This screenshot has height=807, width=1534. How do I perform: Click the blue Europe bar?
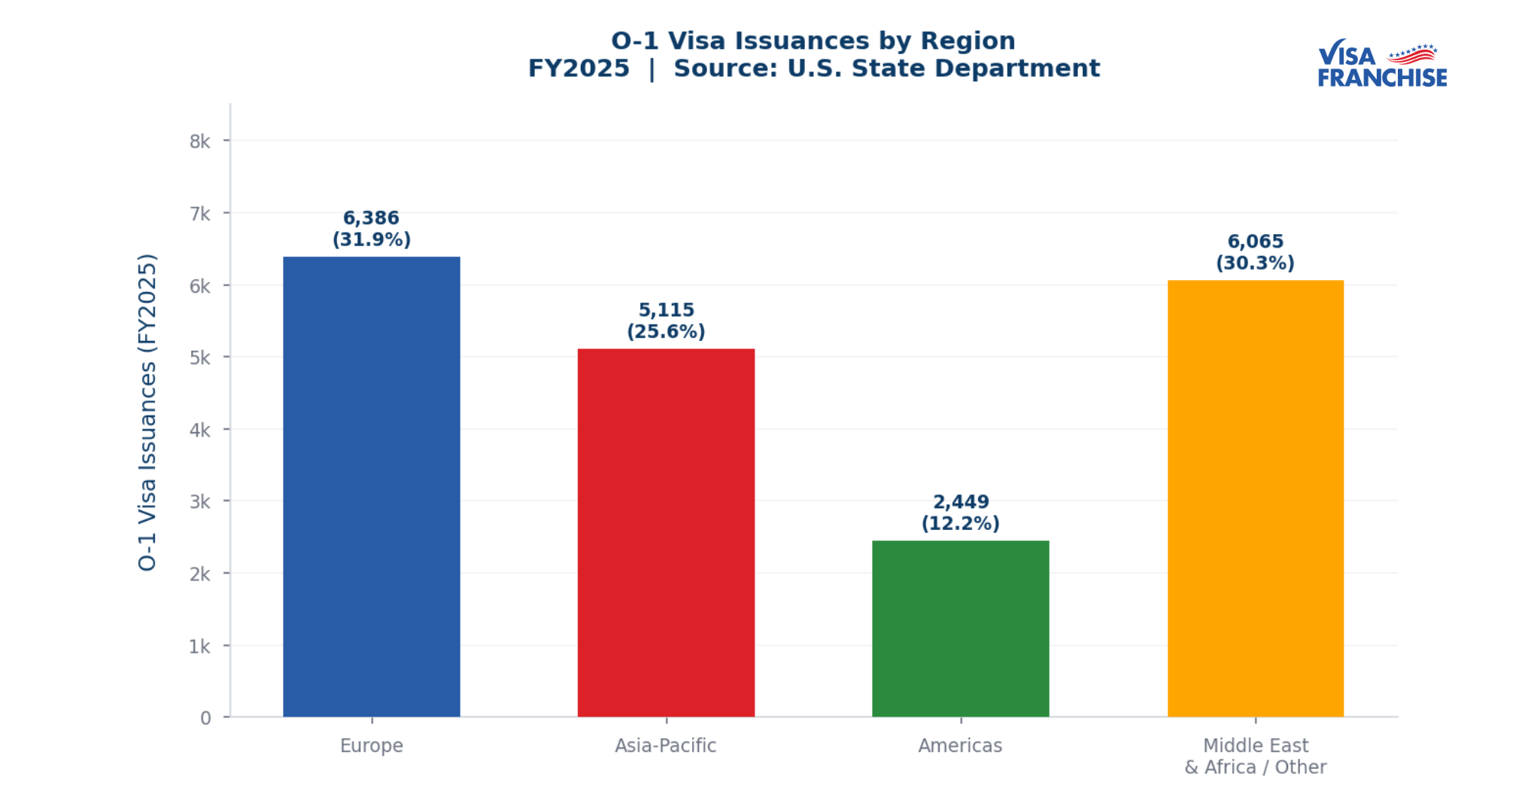(x=371, y=486)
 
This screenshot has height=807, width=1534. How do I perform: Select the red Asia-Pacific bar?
(x=666, y=532)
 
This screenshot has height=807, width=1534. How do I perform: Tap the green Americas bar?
(x=960, y=629)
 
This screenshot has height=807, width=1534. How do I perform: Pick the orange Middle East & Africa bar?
(x=1255, y=498)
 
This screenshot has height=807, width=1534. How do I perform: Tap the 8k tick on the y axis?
(x=199, y=142)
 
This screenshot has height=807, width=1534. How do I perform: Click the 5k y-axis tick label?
(x=199, y=358)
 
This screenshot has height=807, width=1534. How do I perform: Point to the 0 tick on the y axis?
(x=205, y=718)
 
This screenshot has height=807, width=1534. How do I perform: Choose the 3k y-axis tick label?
(x=199, y=501)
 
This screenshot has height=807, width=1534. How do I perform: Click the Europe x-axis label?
(x=371, y=745)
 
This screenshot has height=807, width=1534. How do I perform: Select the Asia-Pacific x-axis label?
(x=665, y=745)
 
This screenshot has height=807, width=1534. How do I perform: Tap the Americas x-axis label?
(x=960, y=745)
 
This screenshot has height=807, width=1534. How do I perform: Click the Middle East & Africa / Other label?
(x=1255, y=756)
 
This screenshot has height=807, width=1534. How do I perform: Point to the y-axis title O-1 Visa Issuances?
(x=147, y=412)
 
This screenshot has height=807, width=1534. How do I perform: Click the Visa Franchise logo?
(x=1381, y=64)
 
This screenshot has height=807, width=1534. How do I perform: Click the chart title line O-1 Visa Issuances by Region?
(x=813, y=41)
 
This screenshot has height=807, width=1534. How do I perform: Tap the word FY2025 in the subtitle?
(x=579, y=69)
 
